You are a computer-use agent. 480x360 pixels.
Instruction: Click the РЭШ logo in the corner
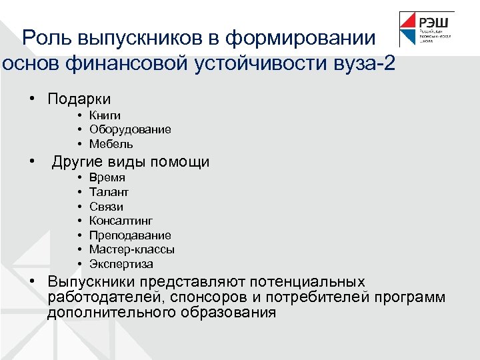[427, 30]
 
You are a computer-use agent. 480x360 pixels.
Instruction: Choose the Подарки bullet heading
[79, 99]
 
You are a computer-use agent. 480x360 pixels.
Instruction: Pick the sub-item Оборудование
[130, 129]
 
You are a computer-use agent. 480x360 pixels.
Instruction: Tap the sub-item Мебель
[111, 144]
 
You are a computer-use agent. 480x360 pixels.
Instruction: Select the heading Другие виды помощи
[131, 162]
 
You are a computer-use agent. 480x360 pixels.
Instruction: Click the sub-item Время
[107, 178]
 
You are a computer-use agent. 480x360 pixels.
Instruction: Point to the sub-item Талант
[109, 192]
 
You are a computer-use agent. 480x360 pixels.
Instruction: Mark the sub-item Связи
[106, 207]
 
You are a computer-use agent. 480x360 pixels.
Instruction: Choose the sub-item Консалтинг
[121, 221]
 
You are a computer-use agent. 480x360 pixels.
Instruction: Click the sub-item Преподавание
[130, 235]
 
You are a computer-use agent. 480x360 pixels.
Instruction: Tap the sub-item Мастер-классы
[132, 249]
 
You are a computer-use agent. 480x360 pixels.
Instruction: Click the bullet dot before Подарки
[31, 98]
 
